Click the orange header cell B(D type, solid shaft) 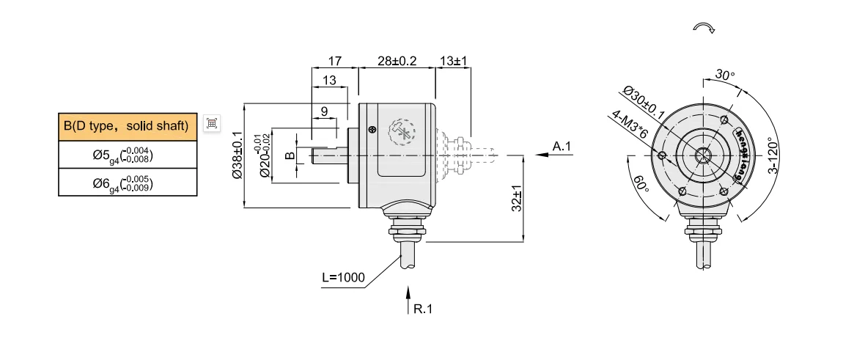pyautogui.click(x=128, y=126)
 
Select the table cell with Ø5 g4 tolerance pyautogui.click(x=128, y=155)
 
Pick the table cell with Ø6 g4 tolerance pyautogui.click(x=128, y=183)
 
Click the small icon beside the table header pyautogui.click(x=212, y=123)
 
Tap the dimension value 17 pyautogui.click(x=334, y=61)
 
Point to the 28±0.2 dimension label pyautogui.click(x=397, y=61)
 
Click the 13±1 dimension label pyautogui.click(x=454, y=61)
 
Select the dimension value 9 pyautogui.click(x=324, y=111)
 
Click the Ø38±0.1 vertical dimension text pyautogui.click(x=237, y=155)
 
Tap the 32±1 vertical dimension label pyautogui.click(x=516, y=198)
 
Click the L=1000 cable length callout pyautogui.click(x=343, y=278)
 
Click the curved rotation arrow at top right pyautogui.click(x=704, y=27)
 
